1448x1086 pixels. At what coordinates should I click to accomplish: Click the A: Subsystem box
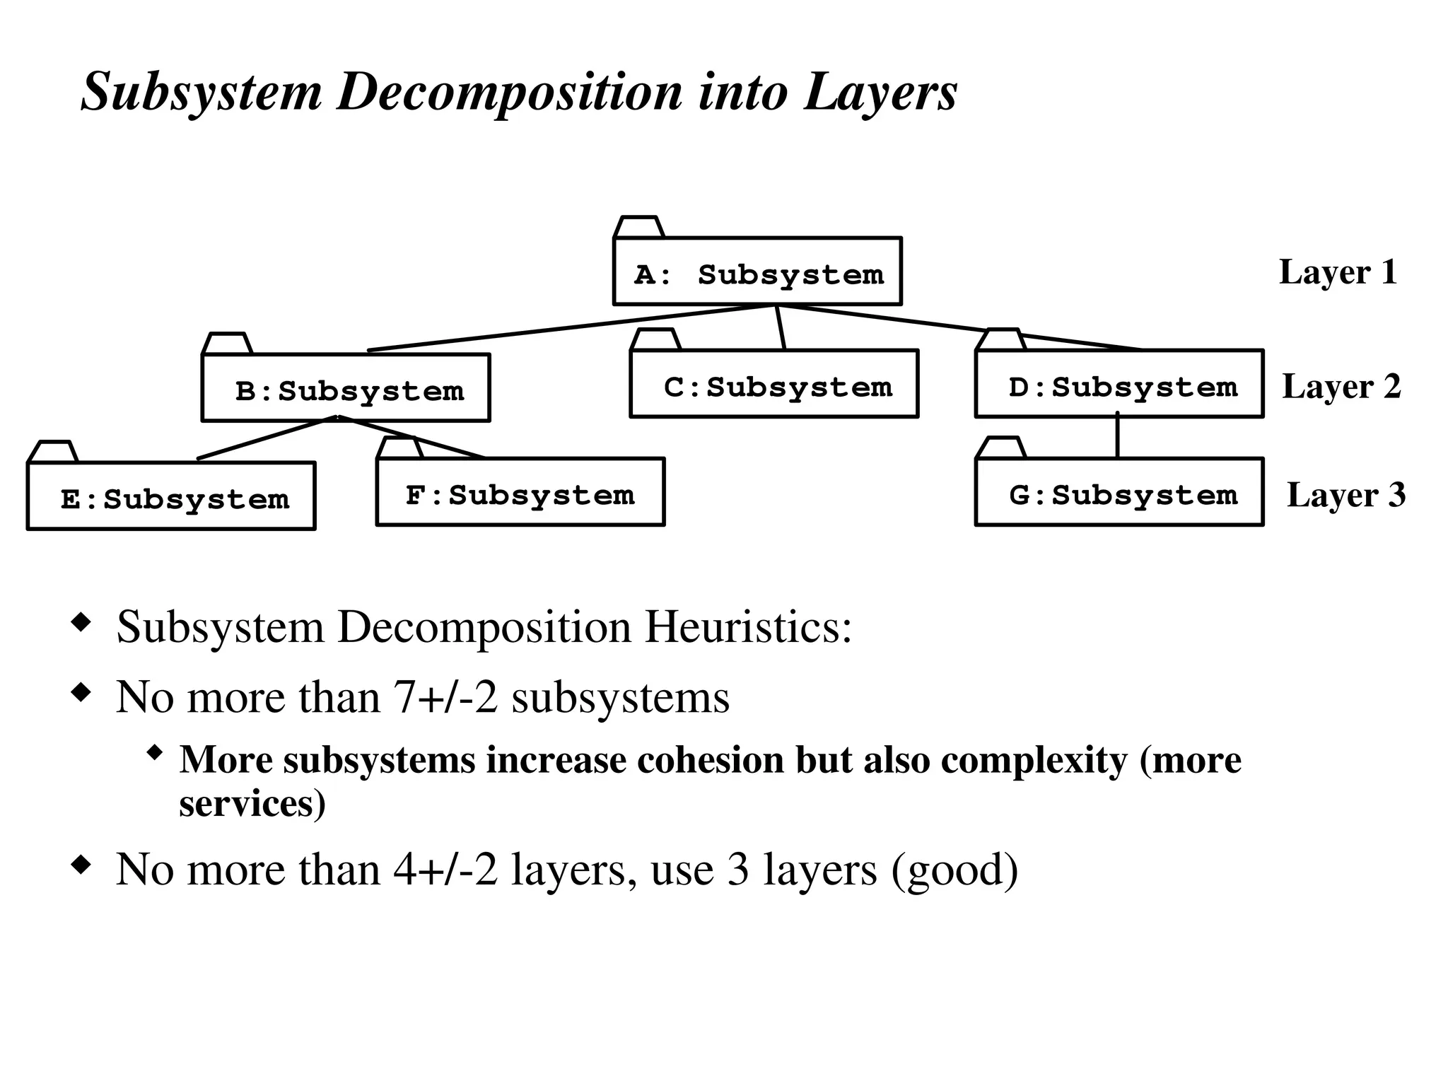757,271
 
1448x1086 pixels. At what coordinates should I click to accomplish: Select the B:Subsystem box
346,388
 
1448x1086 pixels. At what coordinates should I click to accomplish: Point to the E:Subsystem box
171,496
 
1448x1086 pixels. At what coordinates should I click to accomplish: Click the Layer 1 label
1338,272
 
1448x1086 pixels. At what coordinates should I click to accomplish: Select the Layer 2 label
1341,387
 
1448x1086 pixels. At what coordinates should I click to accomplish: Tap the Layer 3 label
1346,495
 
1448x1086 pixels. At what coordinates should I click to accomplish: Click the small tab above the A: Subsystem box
638,227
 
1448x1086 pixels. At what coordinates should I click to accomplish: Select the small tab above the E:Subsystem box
53,452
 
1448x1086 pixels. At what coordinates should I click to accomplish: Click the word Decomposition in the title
509,92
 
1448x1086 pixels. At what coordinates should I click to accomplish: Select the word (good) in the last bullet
954,869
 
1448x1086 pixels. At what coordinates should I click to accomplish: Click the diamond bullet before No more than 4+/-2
82,865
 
